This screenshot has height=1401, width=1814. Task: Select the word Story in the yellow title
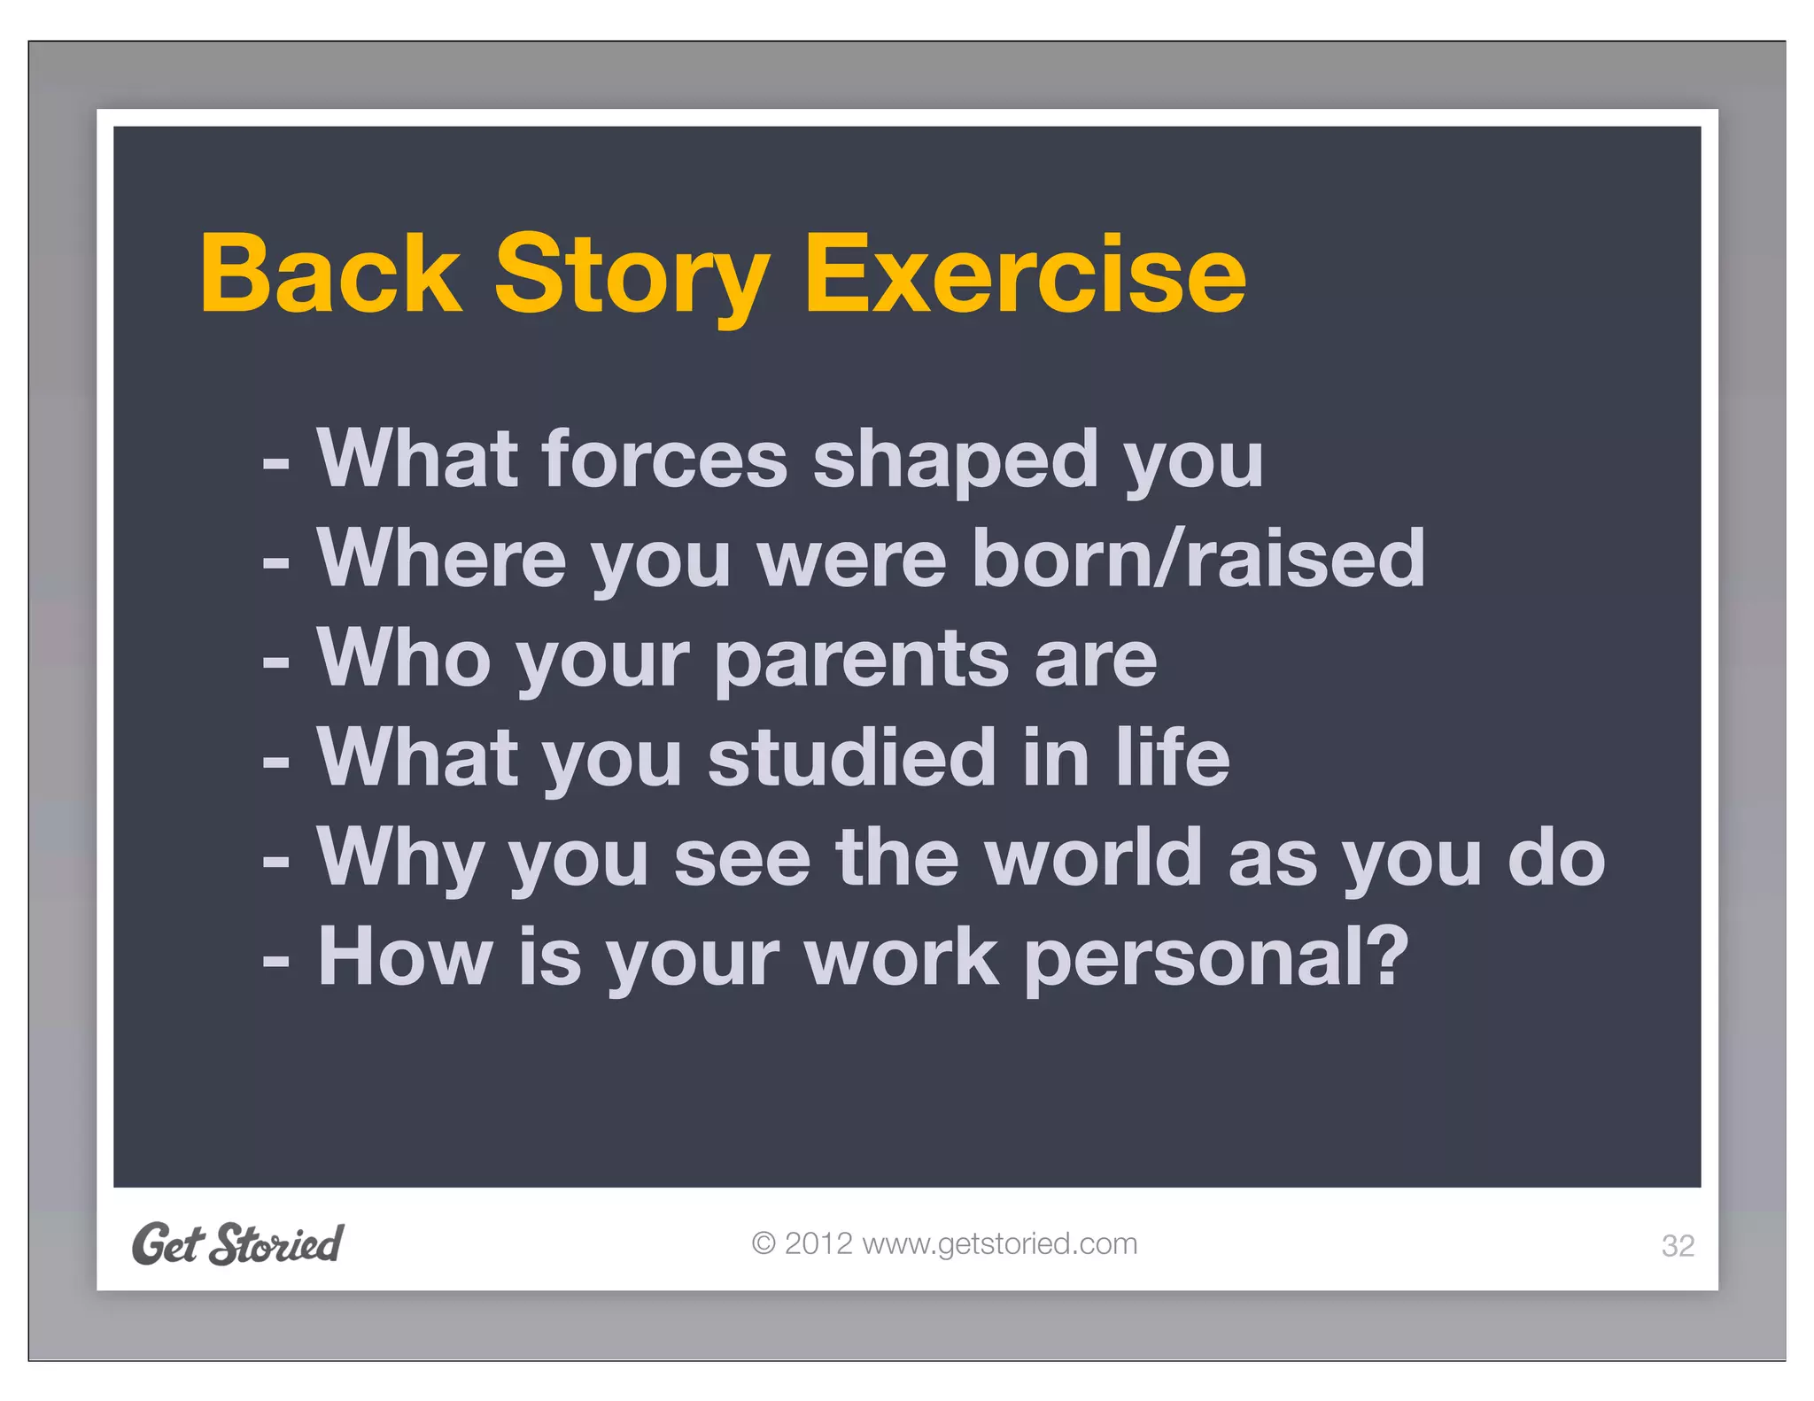click(x=631, y=276)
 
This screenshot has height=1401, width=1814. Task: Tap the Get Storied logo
click(x=237, y=1243)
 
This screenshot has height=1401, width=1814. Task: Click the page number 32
click(x=1677, y=1246)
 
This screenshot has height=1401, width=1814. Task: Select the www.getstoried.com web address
click(x=999, y=1243)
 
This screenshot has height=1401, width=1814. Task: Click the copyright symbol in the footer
click(x=763, y=1243)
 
